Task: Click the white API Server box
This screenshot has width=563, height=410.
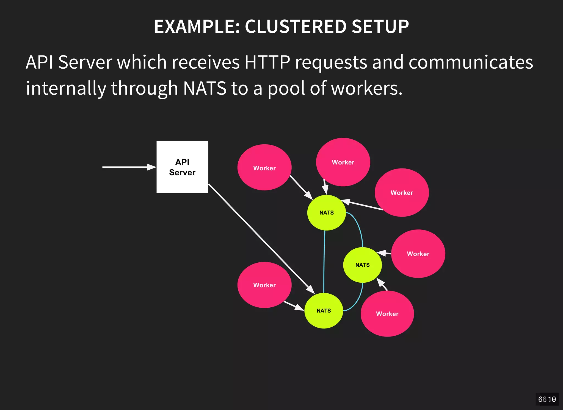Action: (182, 167)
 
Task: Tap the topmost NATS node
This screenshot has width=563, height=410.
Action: (326, 213)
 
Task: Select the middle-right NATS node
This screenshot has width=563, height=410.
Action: (362, 265)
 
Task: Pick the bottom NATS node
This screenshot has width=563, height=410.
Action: (324, 311)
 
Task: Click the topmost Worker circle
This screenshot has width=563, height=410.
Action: (343, 162)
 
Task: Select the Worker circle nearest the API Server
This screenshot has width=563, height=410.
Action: (264, 167)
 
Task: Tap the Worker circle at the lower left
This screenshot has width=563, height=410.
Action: (264, 285)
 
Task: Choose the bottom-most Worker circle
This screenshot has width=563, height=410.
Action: (387, 314)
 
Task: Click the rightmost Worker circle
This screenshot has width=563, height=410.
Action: (418, 254)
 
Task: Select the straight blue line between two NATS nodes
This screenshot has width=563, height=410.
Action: (324, 261)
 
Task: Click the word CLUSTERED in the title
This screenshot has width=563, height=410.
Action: (295, 27)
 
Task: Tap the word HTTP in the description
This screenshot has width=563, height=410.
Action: (267, 62)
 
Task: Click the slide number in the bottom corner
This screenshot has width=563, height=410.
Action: (547, 399)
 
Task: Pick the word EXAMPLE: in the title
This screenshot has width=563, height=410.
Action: (197, 27)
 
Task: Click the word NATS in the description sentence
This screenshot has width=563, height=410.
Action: (205, 88)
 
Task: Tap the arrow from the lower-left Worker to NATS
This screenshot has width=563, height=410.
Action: (294, 305)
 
